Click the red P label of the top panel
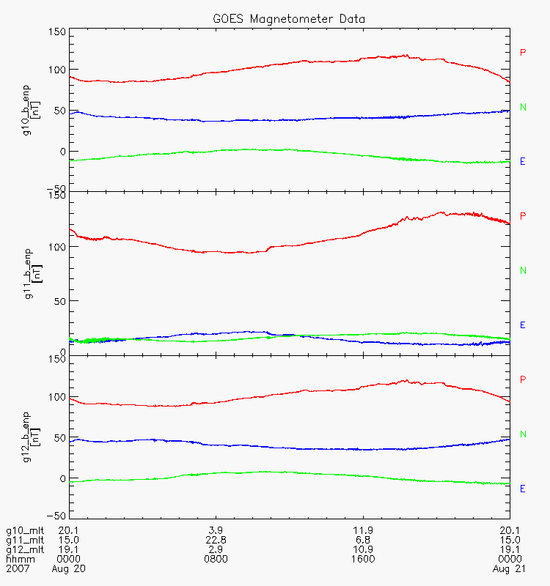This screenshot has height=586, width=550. tap(523, 52)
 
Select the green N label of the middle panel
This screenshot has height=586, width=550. tap(523, 270)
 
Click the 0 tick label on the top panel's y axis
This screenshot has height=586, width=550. tap(62, 151)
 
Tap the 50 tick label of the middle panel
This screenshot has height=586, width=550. tap(59, 301)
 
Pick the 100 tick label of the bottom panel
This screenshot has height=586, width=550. tap(56, 397)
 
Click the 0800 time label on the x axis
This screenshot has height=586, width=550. tap(216, 559)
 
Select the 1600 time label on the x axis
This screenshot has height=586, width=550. tap(363, 559)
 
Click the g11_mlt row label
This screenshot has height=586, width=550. tap(23, 540)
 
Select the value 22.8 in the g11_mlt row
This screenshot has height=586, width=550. tap(216, 540)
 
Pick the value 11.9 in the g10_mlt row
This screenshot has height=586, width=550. tap(363, 530)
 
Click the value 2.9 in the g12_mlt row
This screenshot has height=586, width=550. tap(216, 549)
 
